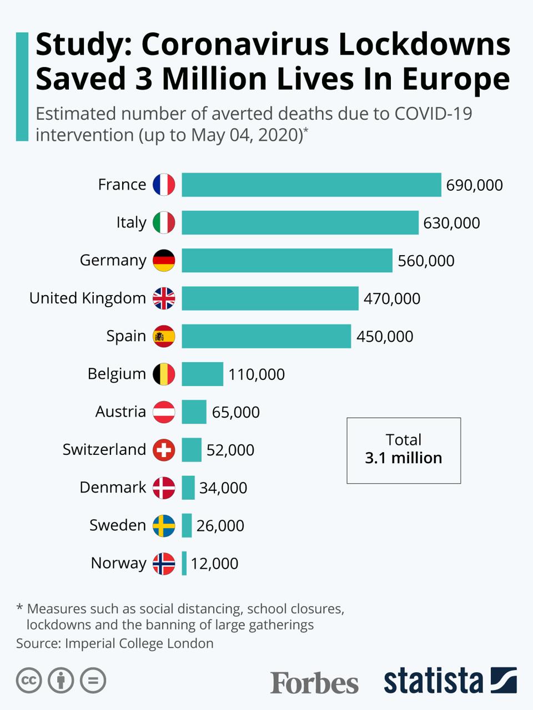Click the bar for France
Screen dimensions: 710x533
(311, 185)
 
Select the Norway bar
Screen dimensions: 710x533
(184, 563)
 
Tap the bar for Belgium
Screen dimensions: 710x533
(202, 374)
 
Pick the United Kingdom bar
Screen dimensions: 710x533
(270, 298)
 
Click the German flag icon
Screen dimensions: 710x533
(164, 260)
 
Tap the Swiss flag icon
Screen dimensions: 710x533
(164, 450)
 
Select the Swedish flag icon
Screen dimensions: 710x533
(164, 525)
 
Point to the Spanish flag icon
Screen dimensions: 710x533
(164, 336)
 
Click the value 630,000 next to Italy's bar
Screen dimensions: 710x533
(451, 223)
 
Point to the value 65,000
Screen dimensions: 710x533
(235, 412)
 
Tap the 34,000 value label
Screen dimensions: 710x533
(223, 488)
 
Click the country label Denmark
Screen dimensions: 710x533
(113, 487)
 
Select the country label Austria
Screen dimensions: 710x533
(120, 412)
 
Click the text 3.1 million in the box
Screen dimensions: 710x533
(404, 458)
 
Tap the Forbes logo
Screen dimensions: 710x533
(314, 682)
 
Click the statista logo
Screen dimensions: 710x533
(450, 681)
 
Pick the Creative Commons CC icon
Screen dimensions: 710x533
(29, 681)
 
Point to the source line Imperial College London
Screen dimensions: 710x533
(139, 643)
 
